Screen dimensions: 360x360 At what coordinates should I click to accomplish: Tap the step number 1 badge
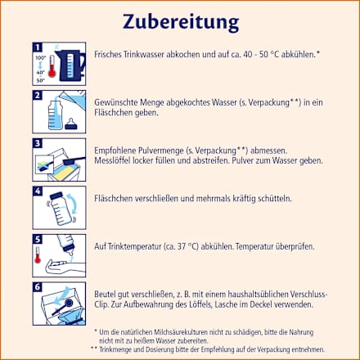[37, 47]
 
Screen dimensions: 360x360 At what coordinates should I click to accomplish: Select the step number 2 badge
[37, 96]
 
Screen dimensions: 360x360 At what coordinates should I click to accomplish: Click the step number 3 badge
[37, 142]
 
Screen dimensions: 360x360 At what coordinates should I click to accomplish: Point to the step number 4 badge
[37, 191]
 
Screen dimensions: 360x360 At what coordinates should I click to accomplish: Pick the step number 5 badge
[37, 238]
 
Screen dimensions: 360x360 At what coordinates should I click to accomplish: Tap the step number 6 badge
[37, 286]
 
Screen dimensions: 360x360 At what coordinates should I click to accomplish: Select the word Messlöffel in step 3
[115, 161]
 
